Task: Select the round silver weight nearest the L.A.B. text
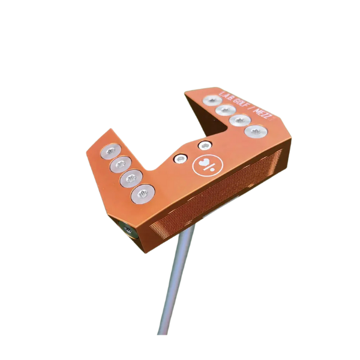click(212, 100)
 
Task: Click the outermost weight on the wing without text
click(111, 151)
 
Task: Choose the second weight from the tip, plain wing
click(124, 164)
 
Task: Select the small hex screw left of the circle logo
click(180, 159)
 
